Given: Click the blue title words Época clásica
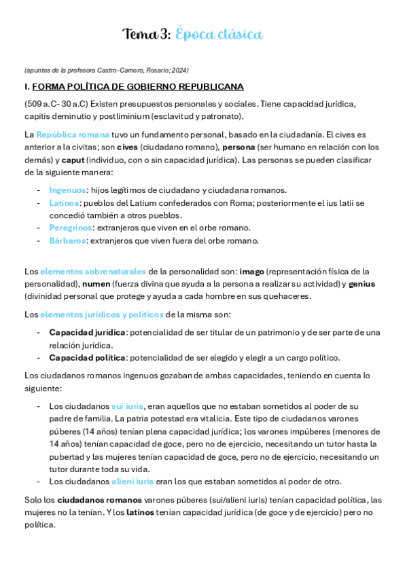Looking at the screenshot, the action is coord(219,34).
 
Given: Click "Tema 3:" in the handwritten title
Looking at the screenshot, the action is coord(146,34).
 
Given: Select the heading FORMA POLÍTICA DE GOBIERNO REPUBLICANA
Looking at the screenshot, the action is coord(138,87).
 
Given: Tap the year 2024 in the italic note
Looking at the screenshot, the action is coord(179,70).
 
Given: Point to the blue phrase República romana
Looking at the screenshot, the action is coord(73,134).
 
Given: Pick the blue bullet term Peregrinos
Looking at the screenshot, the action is coord(71,228).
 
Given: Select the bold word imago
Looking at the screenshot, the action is coord(251,271).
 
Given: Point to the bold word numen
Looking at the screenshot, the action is coord(96,283).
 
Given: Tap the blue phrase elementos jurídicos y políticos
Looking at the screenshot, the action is coord(102,314).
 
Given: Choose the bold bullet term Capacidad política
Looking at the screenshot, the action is coord(87,357).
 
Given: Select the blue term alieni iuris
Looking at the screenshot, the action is coord(132,481).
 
